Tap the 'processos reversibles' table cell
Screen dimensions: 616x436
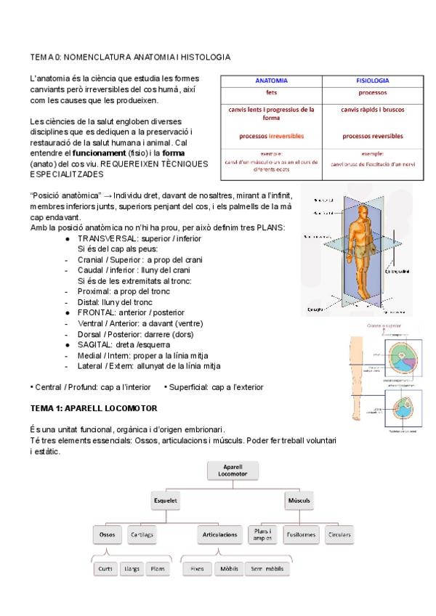coord(372,135)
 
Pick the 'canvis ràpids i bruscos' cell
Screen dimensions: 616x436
coord(372,110)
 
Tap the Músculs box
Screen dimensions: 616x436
coord(299,500)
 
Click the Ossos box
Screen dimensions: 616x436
coord(107,535)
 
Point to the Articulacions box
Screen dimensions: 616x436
coord(218,535)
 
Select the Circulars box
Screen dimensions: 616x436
coord(338,535)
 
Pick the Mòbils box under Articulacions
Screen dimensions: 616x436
coord(225,569)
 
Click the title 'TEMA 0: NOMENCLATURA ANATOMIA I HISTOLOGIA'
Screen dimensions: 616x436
coord(131,56)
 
